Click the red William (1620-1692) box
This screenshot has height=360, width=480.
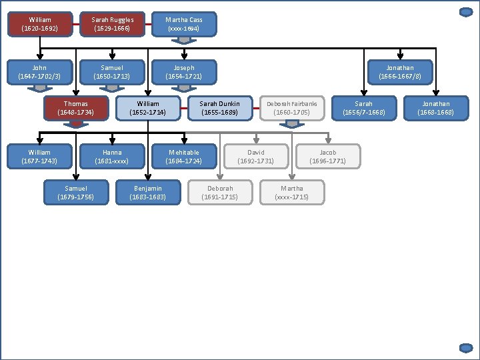[x=39, y=24]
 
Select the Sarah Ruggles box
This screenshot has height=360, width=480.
[x=112, y=24]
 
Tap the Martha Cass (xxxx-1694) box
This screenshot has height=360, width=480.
[x=184, y=24]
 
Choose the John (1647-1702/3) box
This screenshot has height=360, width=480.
[x=39, y=72]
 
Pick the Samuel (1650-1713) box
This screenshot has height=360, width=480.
[x=112, y=72]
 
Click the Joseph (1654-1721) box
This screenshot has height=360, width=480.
[x=184, y=72]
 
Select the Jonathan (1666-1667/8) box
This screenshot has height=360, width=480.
[x=400, y=72]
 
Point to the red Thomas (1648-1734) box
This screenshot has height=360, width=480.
[x=75, y=108]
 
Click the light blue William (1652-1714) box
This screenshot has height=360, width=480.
[x=148, y=108]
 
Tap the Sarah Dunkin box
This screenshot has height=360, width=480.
[x=220, y=108]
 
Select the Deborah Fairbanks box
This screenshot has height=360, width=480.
[x=292, y=108]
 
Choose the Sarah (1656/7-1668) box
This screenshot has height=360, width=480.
[x=363, y=108]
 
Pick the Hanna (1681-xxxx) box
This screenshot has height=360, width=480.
[x=112, y=157]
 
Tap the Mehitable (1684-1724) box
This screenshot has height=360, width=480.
[x=184, y=157]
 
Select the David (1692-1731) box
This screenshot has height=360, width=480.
[x=256, y=157]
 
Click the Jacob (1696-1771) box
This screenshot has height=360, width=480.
[x=328, y=157]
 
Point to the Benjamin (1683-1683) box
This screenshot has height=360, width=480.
[x=148, y=193]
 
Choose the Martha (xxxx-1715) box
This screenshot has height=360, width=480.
[x=292, y=193]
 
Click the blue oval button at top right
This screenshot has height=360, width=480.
[x=466, y=11]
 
